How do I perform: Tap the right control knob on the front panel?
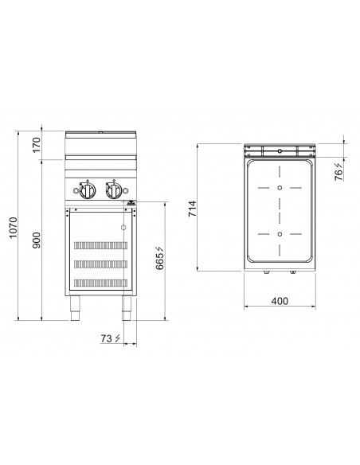(114, 191)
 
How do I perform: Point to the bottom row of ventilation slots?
(100, 283)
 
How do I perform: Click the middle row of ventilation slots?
(100, 263)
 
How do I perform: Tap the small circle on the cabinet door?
(123, 227)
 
